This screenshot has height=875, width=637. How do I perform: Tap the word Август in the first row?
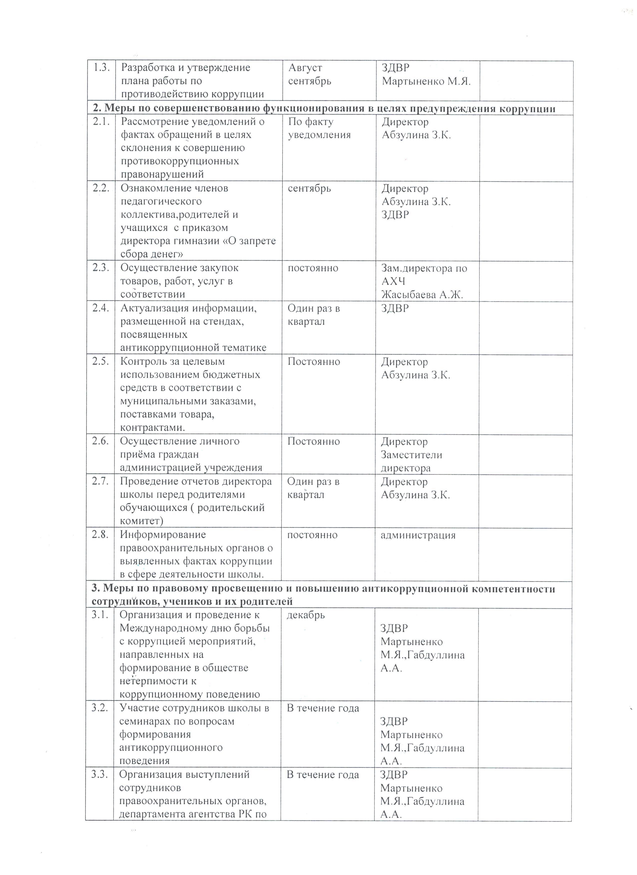305,68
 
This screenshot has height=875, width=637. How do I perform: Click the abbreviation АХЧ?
393,282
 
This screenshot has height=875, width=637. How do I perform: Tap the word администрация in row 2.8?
418,535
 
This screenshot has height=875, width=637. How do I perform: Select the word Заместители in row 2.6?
411,455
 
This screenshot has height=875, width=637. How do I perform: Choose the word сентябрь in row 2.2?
310,189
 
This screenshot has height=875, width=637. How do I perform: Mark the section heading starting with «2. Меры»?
324,109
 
